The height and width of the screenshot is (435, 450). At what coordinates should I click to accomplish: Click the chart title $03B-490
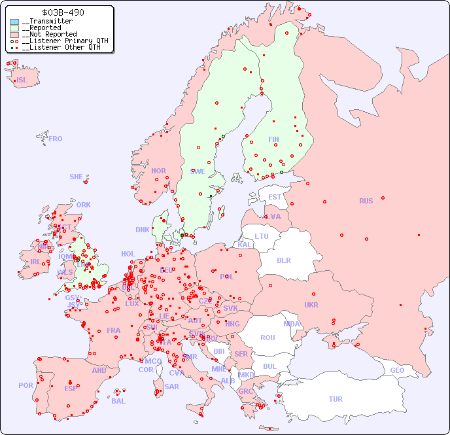62,12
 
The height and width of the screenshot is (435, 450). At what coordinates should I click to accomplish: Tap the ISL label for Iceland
22,80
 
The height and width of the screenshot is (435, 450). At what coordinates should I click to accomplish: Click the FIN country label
273,139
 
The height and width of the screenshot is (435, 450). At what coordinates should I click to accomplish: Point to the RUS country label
366,201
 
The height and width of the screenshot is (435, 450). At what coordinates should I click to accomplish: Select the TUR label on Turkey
336,399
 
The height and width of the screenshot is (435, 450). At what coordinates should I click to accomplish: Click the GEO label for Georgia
397,370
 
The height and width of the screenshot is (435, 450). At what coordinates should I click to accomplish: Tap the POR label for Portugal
26,385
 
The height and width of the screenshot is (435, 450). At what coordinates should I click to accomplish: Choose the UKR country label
311,305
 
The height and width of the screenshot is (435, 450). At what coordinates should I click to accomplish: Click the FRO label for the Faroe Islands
56,139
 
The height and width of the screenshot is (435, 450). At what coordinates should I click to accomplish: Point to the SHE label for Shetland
77,177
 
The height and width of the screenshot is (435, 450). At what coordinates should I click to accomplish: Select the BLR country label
283,260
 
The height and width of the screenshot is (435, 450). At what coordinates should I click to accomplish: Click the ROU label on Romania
268,338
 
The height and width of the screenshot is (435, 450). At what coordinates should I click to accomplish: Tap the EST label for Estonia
275,197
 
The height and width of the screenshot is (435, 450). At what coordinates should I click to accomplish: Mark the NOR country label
158,171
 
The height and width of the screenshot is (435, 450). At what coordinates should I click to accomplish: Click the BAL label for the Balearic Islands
118,401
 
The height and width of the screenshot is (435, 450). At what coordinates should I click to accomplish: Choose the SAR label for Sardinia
172,387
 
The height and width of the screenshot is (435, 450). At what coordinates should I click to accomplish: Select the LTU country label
262,236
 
